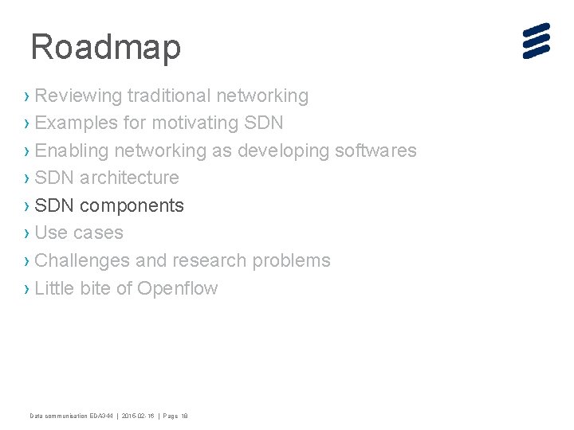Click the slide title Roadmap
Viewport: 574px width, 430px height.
coord(105,47)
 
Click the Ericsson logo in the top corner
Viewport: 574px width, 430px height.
coord(537,41)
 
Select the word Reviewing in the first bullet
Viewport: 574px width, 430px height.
coord(78,96)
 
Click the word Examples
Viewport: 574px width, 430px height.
coord(77,123)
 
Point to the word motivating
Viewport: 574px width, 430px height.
coord(194,123)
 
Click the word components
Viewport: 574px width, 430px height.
coord(132,205)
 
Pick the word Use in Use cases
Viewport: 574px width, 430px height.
coord(51,233)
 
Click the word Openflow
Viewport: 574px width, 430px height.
coord(177,288)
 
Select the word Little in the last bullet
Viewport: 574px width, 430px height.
coord(53,288)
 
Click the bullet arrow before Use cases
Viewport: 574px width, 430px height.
coord(28,233)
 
